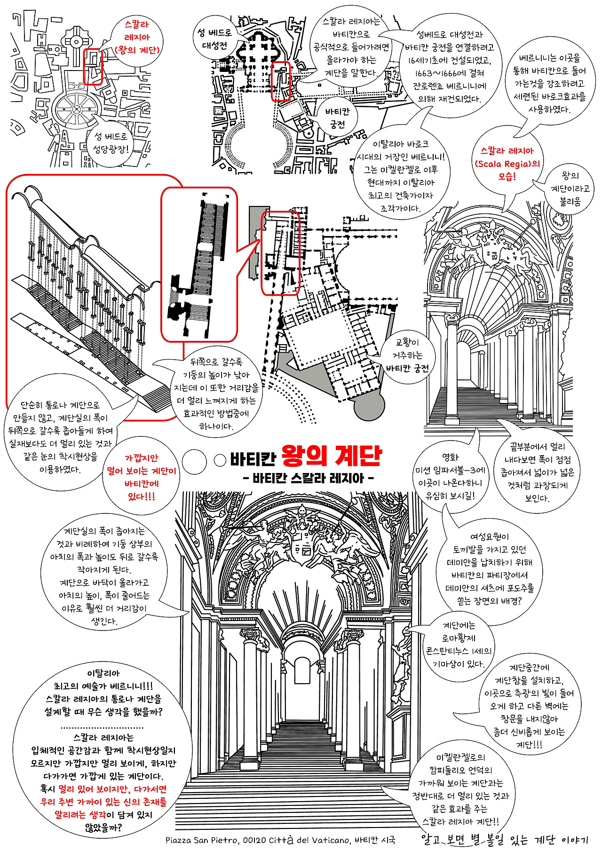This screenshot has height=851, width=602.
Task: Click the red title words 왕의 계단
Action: click(x=332, y=455)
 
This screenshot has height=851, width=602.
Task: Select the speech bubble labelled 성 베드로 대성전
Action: click(x=214, y=39)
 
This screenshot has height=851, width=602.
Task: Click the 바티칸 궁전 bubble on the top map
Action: click(x=337, y=118)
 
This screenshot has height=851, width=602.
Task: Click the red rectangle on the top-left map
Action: click(x=93, y=67)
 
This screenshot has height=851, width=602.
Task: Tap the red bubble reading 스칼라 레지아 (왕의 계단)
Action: click(x=137, y=37)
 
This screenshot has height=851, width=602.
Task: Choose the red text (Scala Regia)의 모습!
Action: click(x=507, y=164)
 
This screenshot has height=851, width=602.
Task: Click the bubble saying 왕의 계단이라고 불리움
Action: click(x=570, y=189)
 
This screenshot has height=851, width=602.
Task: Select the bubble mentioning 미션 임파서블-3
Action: click(x=450, y=476)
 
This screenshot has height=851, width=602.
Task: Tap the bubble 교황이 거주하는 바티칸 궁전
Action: click(x=407, y=355)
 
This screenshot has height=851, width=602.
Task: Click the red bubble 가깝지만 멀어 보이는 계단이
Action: click(x=141, y=477)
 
